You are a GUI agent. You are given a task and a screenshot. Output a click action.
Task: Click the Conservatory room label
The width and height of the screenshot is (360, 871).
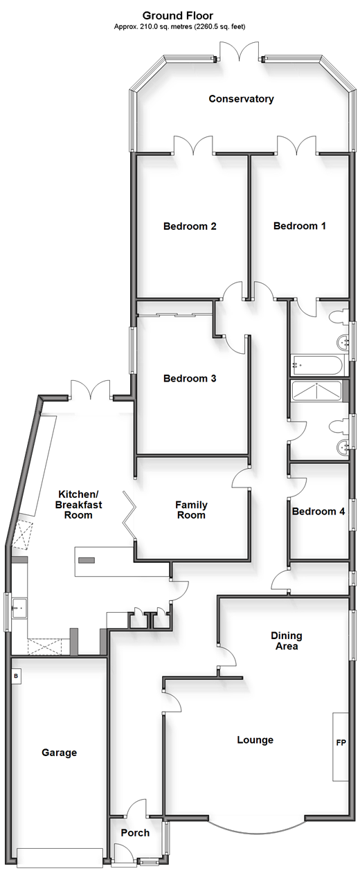click(x=241, y=99)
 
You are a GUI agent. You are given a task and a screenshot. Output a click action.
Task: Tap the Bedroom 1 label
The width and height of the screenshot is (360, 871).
click(x=299, y=226)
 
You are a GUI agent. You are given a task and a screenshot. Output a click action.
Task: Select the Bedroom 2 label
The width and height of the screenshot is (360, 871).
click(x=190, y=226)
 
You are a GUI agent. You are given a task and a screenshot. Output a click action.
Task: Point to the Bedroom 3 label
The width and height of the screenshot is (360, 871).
click(x=190, y=378)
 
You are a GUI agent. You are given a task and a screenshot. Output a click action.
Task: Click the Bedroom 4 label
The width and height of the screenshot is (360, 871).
click(x=318, y=512)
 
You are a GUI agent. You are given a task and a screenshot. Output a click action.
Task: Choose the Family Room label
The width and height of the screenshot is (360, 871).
click(x=191, y=510)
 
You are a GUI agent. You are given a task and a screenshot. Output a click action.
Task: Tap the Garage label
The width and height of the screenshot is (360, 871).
click(x=59, y=753)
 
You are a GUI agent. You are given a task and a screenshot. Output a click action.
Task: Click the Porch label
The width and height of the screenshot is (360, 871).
click(x=135, y=833)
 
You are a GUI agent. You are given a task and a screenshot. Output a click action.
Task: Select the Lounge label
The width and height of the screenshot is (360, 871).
click(x=255, y=740)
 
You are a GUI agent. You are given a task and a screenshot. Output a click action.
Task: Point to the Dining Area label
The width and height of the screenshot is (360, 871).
click(x=287, y=641)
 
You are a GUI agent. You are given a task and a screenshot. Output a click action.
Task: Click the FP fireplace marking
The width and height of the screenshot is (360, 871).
click(x=341, y=743)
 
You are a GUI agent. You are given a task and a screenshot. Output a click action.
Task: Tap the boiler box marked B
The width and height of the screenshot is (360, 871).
click(x=16, y=676)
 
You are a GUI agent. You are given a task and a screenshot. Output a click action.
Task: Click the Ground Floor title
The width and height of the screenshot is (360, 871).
click(x=178, y=15)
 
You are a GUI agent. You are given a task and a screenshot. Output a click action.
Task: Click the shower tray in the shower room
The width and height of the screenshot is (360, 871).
click(x=317, y=390)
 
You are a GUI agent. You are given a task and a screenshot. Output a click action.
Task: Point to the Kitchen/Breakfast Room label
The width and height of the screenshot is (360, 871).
click(x=78, y=505)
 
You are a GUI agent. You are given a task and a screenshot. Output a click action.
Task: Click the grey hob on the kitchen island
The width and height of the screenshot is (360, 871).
click(x=87, y=560)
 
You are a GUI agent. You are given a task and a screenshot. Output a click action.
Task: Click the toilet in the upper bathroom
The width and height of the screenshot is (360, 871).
click(x=338, y=316)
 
